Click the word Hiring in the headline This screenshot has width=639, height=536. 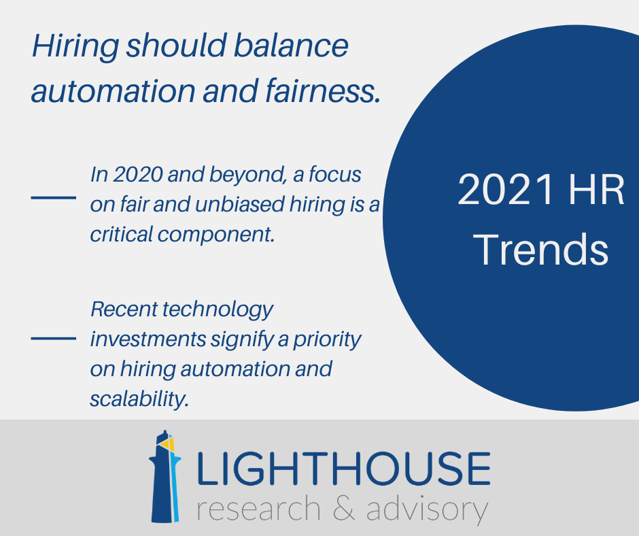[x=75, y=46]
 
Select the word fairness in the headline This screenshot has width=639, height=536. [x=323, y=90]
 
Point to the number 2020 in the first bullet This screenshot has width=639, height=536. [x=138, y=174]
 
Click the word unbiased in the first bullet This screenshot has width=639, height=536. [x=240, y=204]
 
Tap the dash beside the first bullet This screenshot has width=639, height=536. [x=54, y=197]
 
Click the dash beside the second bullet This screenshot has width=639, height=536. [x=54, y=338]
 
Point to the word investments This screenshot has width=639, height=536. [x=148, y=339]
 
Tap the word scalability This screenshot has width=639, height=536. [x=139, y=399]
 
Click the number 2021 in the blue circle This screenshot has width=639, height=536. [x=506, y=190]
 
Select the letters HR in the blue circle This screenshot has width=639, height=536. [x=595, y=190]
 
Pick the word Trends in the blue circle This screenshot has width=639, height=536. [x=542, y=249]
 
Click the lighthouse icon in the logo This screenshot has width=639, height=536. [x=165, y=476]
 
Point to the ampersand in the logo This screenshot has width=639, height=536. [x=343, y=508]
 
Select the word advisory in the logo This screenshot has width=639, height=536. [x=427, y=509]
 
